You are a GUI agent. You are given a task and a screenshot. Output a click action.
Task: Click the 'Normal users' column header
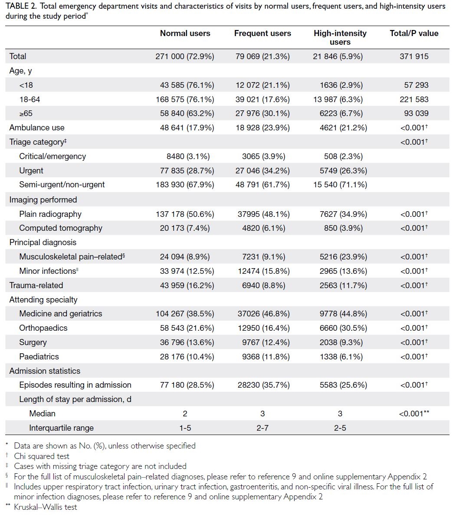click(x=185, y=33)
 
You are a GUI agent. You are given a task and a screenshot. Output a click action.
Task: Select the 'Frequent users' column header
click(x=263, y=33)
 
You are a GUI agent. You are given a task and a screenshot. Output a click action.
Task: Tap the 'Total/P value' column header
click(x=414, y=33)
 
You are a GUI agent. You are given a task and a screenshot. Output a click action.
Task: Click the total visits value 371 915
click(x=414, y=56)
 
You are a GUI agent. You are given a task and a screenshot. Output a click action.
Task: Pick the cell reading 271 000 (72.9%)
click(x=185, y=56)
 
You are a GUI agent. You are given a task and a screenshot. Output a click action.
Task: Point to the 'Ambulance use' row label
click(x=37, y=127)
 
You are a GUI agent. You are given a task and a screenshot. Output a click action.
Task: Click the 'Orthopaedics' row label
click(x=43, y=328)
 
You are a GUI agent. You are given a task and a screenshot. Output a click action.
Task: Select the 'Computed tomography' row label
click(x=61, y=228)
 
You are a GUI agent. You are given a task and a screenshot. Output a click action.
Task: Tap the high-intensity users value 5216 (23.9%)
click(x=343, y=256)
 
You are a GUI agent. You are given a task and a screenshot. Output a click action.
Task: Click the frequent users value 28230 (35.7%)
click(x=264, y=385)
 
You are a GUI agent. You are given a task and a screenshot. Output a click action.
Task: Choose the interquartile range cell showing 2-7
click(x=263, y=428)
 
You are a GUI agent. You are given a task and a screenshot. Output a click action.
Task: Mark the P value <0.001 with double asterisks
click(x=414, y=413)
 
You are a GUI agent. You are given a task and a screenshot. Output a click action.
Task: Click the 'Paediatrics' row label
click(x=39, y=356)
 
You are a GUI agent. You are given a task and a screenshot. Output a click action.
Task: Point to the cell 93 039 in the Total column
click(x=416, y=113)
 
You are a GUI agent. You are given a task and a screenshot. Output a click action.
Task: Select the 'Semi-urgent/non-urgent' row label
click(x=62, y=185)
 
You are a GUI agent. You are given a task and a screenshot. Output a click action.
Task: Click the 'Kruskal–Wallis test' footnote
click(x=45, y=507)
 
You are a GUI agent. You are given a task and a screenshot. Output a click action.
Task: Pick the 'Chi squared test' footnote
click(x=42, y=456)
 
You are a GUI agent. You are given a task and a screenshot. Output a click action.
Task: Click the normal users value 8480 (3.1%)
click(x=188, y=156)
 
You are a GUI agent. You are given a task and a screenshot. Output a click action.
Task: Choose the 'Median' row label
click(x=43, y=413)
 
